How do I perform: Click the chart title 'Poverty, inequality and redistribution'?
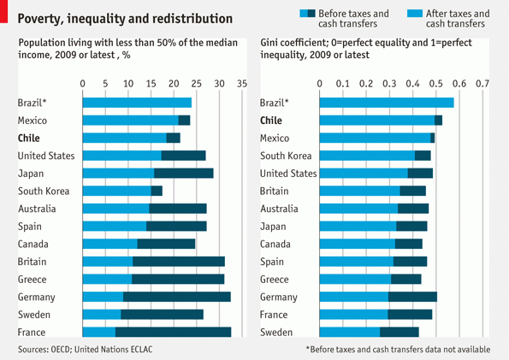(x=125, y=18)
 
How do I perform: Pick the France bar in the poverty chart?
(x=157, y=332)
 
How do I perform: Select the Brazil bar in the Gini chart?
(x=387, y=103)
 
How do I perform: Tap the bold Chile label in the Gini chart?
(x=271, y=121)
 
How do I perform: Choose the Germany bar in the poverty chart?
(x=157, y=297)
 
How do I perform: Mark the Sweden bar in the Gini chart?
(x=369, y=332)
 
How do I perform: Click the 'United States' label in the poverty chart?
(x=46, y=156)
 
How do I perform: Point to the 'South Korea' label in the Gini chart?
(x=285, y=156)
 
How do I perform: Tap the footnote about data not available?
(x=398, y=350)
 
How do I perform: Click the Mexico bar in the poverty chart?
(x=136, y=121)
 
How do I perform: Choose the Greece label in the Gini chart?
(x=274, y=279)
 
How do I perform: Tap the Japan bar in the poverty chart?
(x=148, y=174)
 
